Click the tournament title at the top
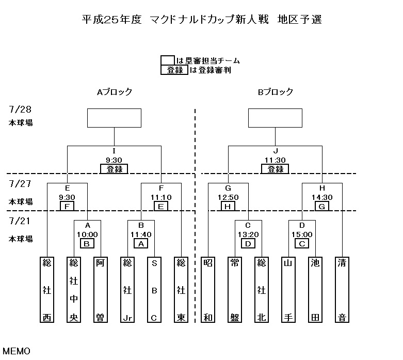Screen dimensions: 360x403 coord(202,20)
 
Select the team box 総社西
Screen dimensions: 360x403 coord(47,289)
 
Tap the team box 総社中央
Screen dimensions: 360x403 coord(74,289)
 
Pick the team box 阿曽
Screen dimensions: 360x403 coord(101,289)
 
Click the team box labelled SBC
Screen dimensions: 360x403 coord(154,289)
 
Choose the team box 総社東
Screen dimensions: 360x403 coord(181,289)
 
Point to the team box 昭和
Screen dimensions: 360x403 coord(208,289)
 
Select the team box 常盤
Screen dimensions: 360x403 coord(235,289)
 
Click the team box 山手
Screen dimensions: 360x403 coord(288,289)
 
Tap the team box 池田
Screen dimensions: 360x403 coord(315,289)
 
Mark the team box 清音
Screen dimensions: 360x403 coord(342,289)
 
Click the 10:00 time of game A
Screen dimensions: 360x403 coord(87,234)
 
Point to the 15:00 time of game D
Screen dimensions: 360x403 coord(302,234)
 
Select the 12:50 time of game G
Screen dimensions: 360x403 coord(228,197)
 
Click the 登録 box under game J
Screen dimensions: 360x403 coord(275,169)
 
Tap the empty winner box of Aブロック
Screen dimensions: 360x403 coord(115,118)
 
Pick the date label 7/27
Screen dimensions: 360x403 coord(20,183)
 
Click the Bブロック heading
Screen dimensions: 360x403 coord(276,92)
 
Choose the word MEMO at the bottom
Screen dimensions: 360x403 coord(17,351)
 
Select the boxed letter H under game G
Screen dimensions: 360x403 coord(228,207)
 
